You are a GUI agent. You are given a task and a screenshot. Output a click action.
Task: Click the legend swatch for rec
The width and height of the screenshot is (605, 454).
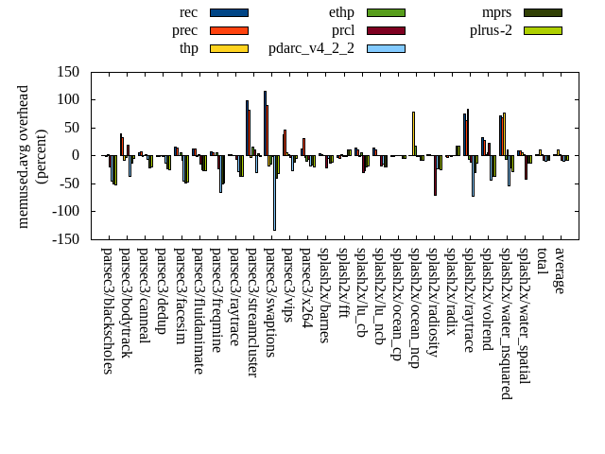pos(229,12)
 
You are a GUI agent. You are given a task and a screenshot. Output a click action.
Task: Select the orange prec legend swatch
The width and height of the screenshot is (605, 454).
pos(229,30)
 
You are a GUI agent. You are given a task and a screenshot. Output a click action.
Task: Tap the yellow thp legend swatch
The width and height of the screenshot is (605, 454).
pos(229,48)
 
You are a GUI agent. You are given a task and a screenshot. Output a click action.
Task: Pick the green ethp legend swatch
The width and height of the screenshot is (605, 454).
pos(386,12)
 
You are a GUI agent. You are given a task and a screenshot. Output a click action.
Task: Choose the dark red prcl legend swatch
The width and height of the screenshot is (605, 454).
pos(386,30)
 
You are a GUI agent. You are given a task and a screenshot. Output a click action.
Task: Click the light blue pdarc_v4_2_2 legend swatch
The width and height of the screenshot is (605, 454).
pos(386,48)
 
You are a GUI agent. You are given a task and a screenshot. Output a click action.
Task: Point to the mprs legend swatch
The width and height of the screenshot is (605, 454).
pos(543,12)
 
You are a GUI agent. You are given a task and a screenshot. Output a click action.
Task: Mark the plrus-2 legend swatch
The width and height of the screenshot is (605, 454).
pos(543,30)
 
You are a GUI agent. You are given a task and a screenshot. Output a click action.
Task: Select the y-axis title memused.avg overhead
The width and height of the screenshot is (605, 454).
pos(24,155)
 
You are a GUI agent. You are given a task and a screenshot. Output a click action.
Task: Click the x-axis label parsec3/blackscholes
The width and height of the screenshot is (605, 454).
pos(108,310)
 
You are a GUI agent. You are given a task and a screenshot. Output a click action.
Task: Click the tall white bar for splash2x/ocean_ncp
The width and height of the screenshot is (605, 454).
pos(413,133)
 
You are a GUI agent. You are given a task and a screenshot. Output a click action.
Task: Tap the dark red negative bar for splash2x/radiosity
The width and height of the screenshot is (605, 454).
pos(436,175)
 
